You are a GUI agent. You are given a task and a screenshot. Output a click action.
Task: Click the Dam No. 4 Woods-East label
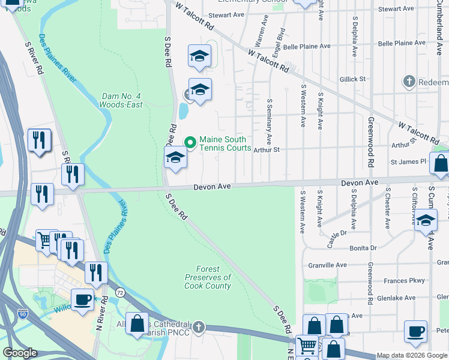coord(122,100)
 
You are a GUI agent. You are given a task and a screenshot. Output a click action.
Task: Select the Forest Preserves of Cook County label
coord(208,278)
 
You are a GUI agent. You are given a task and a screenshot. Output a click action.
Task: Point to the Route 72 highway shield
coord(120,292)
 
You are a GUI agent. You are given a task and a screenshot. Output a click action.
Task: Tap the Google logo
coord(20,353)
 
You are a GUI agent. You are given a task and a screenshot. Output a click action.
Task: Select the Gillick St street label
coord(352,79)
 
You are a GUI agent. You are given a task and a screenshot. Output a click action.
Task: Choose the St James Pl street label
coord(408,161)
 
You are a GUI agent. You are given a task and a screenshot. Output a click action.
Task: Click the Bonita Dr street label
coord(364,247)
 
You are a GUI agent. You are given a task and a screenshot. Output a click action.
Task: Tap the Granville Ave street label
coord(328,265)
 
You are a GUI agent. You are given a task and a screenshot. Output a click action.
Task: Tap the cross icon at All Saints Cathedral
coord(199,328)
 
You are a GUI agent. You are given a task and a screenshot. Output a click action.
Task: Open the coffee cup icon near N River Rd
coord(82,298)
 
